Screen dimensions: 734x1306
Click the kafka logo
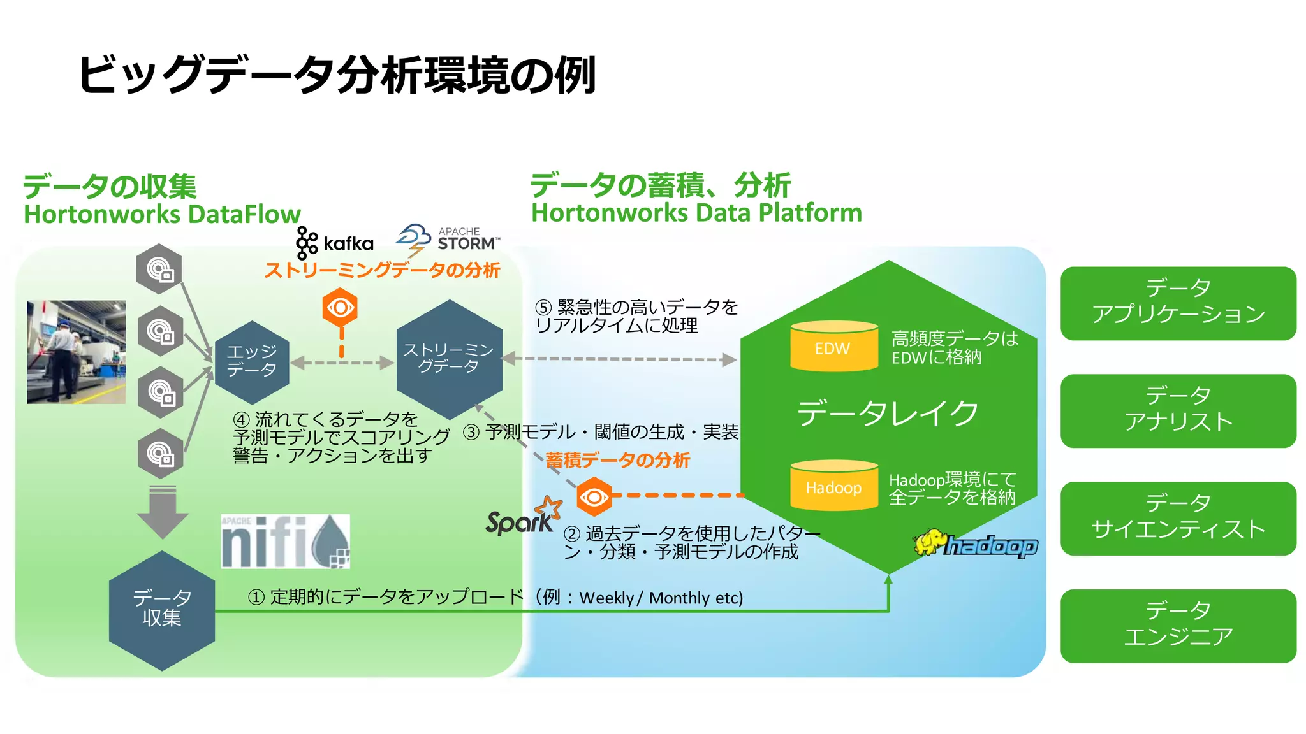click(x=335, y=243)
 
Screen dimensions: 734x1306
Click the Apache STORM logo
click(x=448, y=240)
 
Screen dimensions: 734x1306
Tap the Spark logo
click(x=523, y=517)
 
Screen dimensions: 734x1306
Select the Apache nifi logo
click(x=285, y=541)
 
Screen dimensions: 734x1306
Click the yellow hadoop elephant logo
click(x=975, y=544)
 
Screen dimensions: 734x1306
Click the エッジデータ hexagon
click(x=252, y=362)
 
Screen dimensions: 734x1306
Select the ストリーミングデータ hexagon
click(x=449, y=359)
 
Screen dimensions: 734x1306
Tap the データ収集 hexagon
click(x=162, y=610)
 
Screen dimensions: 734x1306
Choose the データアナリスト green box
click(x=1177, y=410)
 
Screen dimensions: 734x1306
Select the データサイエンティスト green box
click(x=1177, y=518)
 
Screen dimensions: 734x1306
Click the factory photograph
click(x=76, y=352)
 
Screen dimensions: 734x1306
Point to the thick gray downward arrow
click(x=162, y=511)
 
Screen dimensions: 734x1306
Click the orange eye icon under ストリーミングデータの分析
click(x=340, y=308)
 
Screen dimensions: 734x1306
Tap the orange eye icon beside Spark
click(x=594, y=496)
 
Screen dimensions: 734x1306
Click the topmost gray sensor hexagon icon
click(x=159, y=269)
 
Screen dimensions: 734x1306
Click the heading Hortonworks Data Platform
click(x=696, y=213)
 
